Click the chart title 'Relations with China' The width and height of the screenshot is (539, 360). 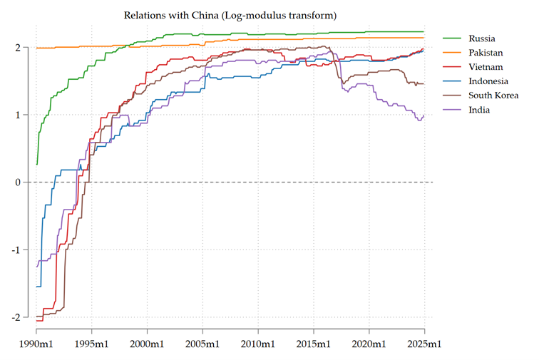point(230,15)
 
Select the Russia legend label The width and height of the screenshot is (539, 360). point(482,38)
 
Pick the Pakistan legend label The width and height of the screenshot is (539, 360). point(486,53)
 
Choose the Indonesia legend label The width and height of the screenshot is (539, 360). point(488,81)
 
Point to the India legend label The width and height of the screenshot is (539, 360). point(479,110)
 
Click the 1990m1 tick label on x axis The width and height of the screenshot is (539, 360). point(37,344)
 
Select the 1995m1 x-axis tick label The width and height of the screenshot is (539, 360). point(92,344)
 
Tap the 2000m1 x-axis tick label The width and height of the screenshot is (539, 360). point(148,344)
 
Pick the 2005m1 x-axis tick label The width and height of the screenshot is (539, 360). point(203,344)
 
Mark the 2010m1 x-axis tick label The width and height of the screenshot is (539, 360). point(258,344)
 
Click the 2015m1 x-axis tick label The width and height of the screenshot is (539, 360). point(314,344)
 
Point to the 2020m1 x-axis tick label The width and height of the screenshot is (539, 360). point(369,344)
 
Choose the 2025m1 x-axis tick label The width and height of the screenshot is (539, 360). point(424,344)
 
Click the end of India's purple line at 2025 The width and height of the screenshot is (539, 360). point(424,115)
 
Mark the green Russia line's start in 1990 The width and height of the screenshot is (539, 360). point(37,165)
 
